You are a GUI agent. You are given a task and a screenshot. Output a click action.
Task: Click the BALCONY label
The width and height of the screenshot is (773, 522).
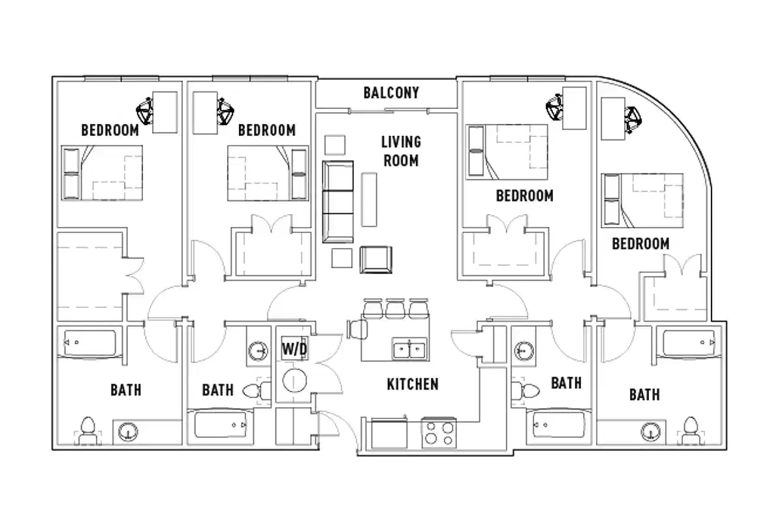[391, 93]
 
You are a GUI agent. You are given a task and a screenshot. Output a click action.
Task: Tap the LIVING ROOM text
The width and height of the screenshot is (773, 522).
[402, 151]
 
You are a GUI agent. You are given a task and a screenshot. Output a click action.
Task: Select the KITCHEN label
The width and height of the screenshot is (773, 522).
[413, 384]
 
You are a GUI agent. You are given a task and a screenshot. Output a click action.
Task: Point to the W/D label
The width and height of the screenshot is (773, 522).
[294, 349]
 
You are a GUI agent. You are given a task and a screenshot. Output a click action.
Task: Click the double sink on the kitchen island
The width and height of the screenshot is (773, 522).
[409, 349]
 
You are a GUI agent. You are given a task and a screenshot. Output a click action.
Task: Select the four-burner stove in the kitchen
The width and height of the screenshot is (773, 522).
[438, 433]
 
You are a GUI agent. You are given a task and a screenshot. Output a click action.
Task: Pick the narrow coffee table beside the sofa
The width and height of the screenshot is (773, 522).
[369, 199]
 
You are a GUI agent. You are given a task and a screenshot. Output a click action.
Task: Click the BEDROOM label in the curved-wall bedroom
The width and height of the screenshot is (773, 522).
[640, 244]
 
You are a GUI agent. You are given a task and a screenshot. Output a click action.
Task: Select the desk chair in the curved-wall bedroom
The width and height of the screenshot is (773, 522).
[633, 118]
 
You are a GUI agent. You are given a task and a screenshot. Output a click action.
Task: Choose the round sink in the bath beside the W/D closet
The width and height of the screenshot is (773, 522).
[259, 352]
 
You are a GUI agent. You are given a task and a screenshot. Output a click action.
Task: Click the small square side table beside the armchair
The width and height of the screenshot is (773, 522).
[341, 258]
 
